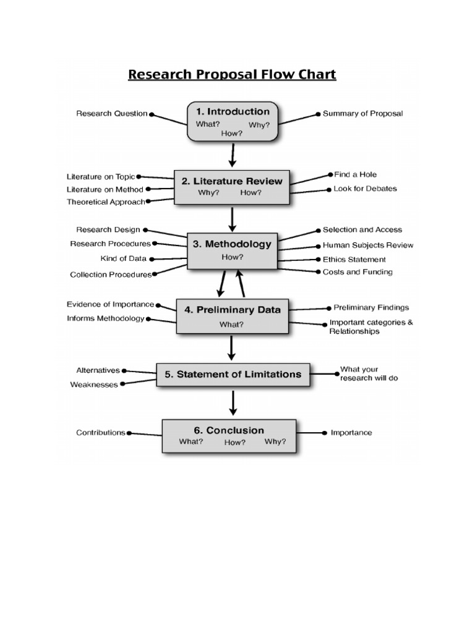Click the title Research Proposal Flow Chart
(x=232, y=75)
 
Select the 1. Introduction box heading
(x=233, y=112)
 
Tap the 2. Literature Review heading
(x=231, y=181)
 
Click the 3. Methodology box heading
(x=232, y=244)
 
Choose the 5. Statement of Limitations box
(x=233, y=374)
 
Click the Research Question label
(x=112, y=114)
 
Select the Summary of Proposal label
(x=362, y=114)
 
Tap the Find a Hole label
(x=355, y=175)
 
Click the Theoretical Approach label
(x=106, y=202)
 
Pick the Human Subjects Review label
(x=368, y=245)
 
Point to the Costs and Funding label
(x=357, y=272)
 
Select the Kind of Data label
(x=124, y=258)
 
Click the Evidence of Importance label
(x=110, y=304)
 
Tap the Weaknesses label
(x=95, y=384)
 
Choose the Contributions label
(x=101, y=433)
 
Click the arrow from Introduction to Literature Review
(x=233, y=155)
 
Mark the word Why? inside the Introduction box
(x=259, y=125)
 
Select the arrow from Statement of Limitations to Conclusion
(x=233, y=402)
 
